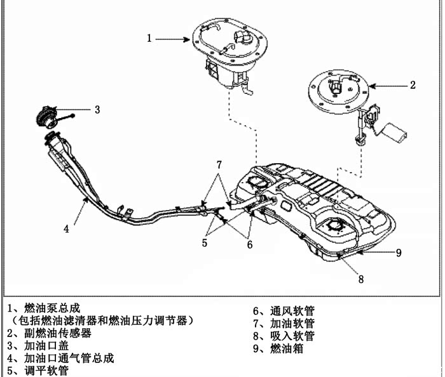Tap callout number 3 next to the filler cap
(97, 109)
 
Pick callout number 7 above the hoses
(219, 165)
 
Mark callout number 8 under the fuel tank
(360, 277)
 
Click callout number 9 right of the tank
(399, 253)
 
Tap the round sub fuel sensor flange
(337, 88)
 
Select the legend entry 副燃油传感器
(57, 333)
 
